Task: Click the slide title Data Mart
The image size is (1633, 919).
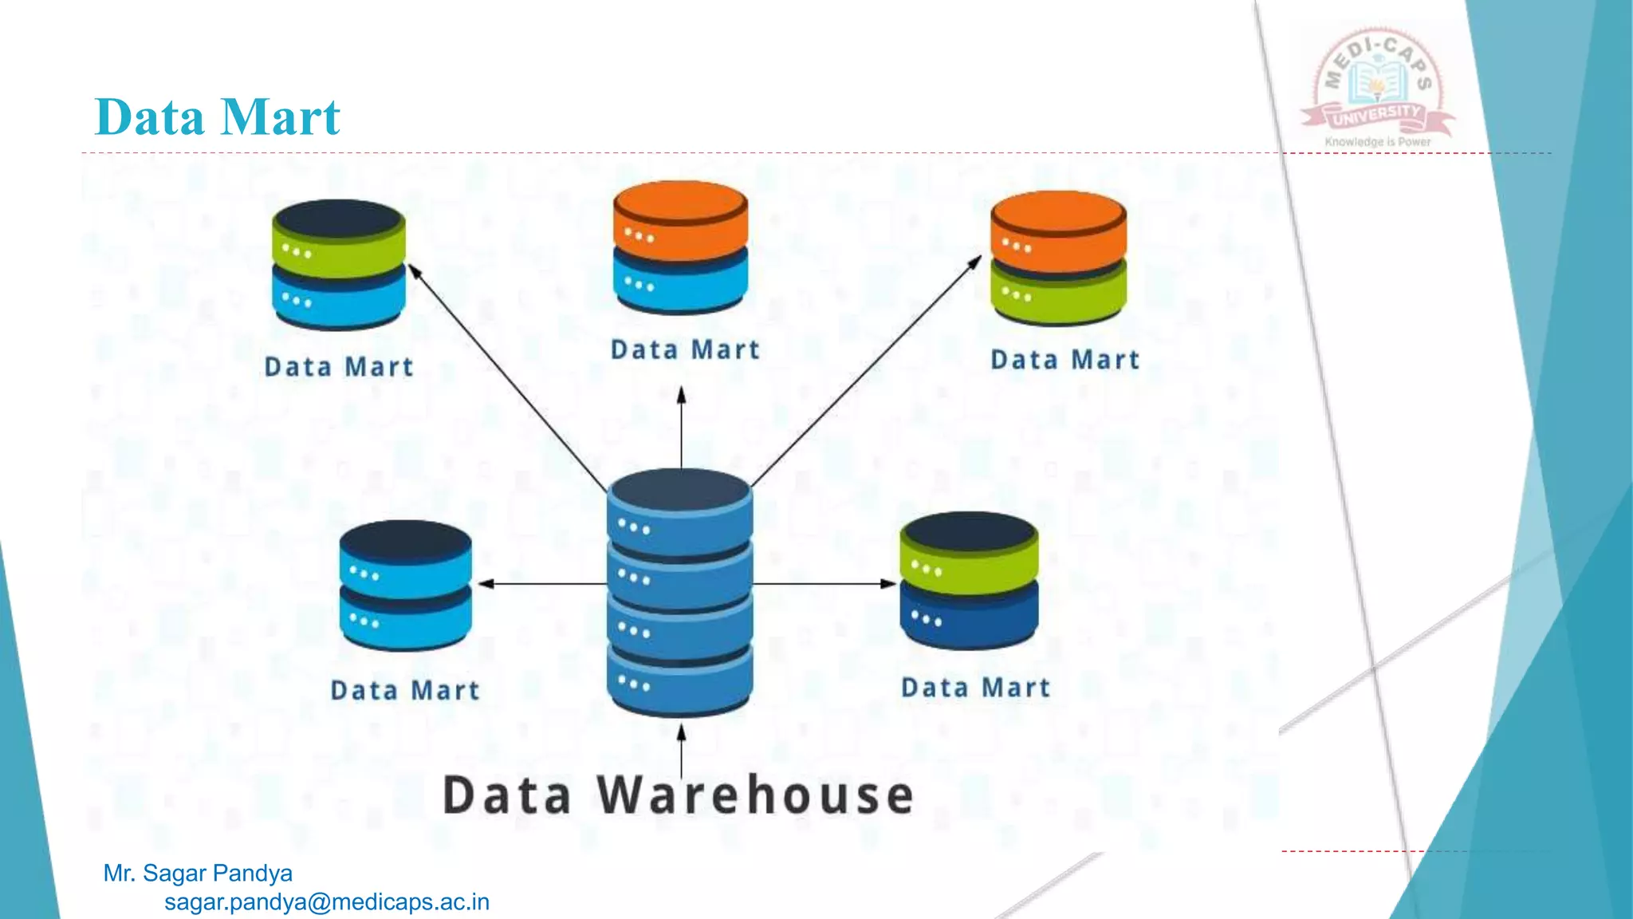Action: click(217, 117)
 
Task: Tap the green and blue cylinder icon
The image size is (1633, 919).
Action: click(339, 264)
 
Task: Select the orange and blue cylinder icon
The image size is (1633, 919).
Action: click(680, 247)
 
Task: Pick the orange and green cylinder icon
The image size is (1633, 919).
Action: click(1058, 257)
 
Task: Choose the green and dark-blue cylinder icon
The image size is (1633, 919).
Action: click(969, 580)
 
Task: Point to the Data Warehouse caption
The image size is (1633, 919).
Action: click(678, 795)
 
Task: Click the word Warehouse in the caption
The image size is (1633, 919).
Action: click(755, 795)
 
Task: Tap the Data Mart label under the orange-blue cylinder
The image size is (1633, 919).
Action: click(685, 350)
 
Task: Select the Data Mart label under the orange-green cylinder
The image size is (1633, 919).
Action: click(1064, 360)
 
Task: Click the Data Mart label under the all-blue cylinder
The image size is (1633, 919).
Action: click(405, 690)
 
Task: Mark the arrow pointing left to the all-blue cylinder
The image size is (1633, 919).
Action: click(542, 584)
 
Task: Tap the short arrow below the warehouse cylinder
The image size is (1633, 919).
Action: click(681, 750)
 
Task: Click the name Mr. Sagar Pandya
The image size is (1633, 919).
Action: click(198, 874)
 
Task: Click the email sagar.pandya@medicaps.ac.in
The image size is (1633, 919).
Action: click(327, 902)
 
